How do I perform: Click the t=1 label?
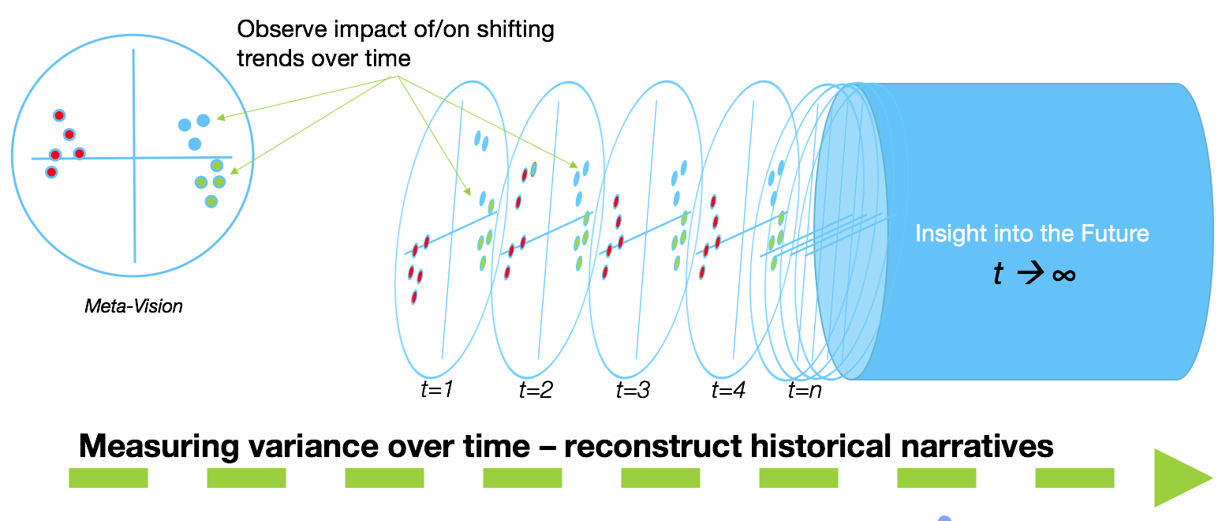pyautogui.click(x=437, y=389)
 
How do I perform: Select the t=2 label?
pyautogui.click(x=536, y=390)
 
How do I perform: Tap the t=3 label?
pyautogui.click(x=633, y=390)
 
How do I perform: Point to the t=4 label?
pyautogui.click(x=728, y=390)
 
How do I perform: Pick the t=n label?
pyautogui.click(x=805, y=390)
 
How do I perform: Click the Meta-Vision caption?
pyautogui.click(x=133, y=305)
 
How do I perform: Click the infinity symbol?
pyautogui.click(x=1063, y=275)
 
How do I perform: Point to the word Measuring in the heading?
pyautogui.click(x=159, y=447)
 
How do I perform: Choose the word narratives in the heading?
pyautogui.click(x=977, y=446)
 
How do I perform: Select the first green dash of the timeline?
pyautogui.click(x=108, y=478)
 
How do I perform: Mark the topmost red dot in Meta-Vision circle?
pyautogui.click(x=59, y=115)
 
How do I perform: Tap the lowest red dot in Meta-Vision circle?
pyautogui.click(x=51, y=172)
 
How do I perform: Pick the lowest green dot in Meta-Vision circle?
pyautogui.click(x=211, y=201)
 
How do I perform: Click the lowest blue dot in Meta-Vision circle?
pyautogui.click(x=195, y=144)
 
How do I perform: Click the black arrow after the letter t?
pyautogui.click(x=1030, y=273)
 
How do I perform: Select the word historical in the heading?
pyautogui.click(x=820, y=446)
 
